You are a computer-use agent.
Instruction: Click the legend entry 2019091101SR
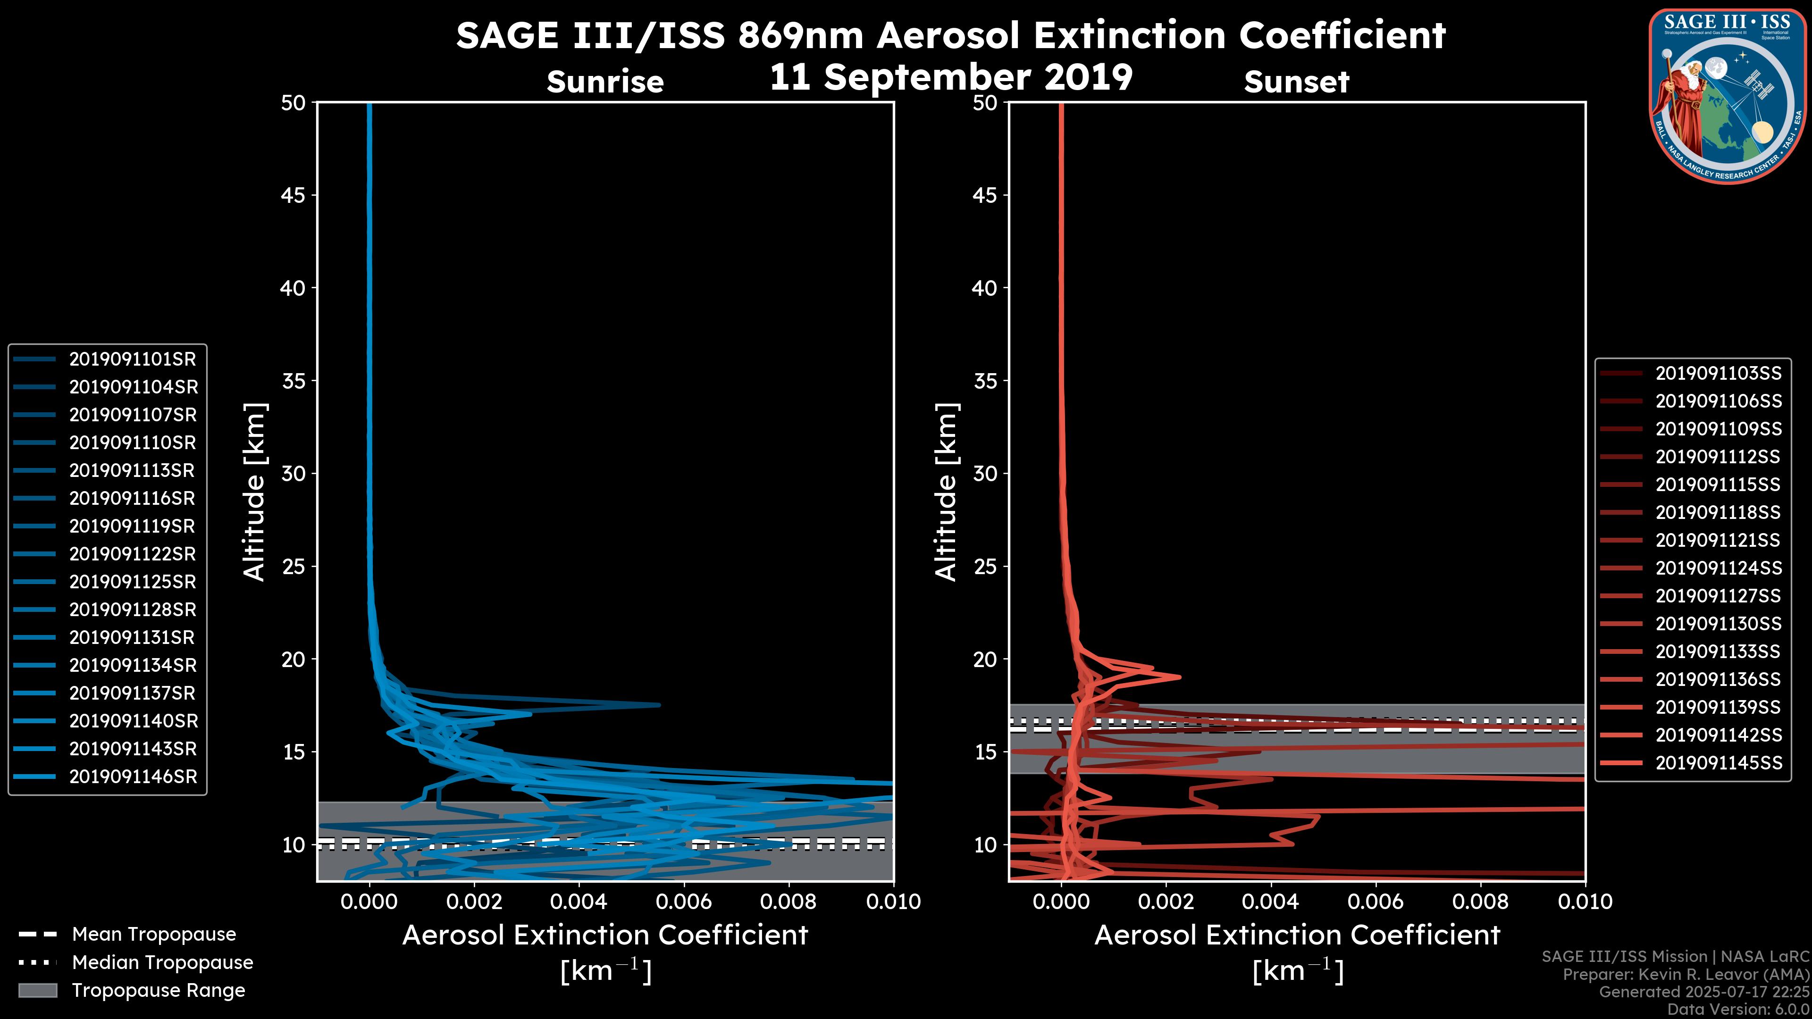132,359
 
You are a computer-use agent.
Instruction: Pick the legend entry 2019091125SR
132,582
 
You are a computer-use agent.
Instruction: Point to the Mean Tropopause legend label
154,935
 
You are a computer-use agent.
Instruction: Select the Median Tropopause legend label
162,963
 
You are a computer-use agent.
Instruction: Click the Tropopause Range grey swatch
37,991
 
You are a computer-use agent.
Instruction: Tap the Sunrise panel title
605,82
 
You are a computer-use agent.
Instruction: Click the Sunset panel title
1296,82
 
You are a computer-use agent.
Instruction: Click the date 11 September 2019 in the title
951,77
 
